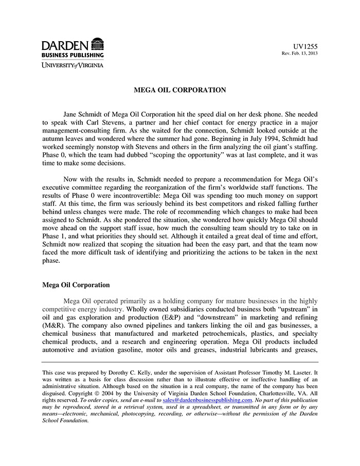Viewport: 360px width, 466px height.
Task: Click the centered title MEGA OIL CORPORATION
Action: click(179, 90)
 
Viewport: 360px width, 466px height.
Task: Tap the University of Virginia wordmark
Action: click(73, 65)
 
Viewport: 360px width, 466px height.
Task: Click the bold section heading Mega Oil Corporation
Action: click(76, 285)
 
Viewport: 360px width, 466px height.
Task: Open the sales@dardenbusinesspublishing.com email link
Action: click(207, 400)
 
